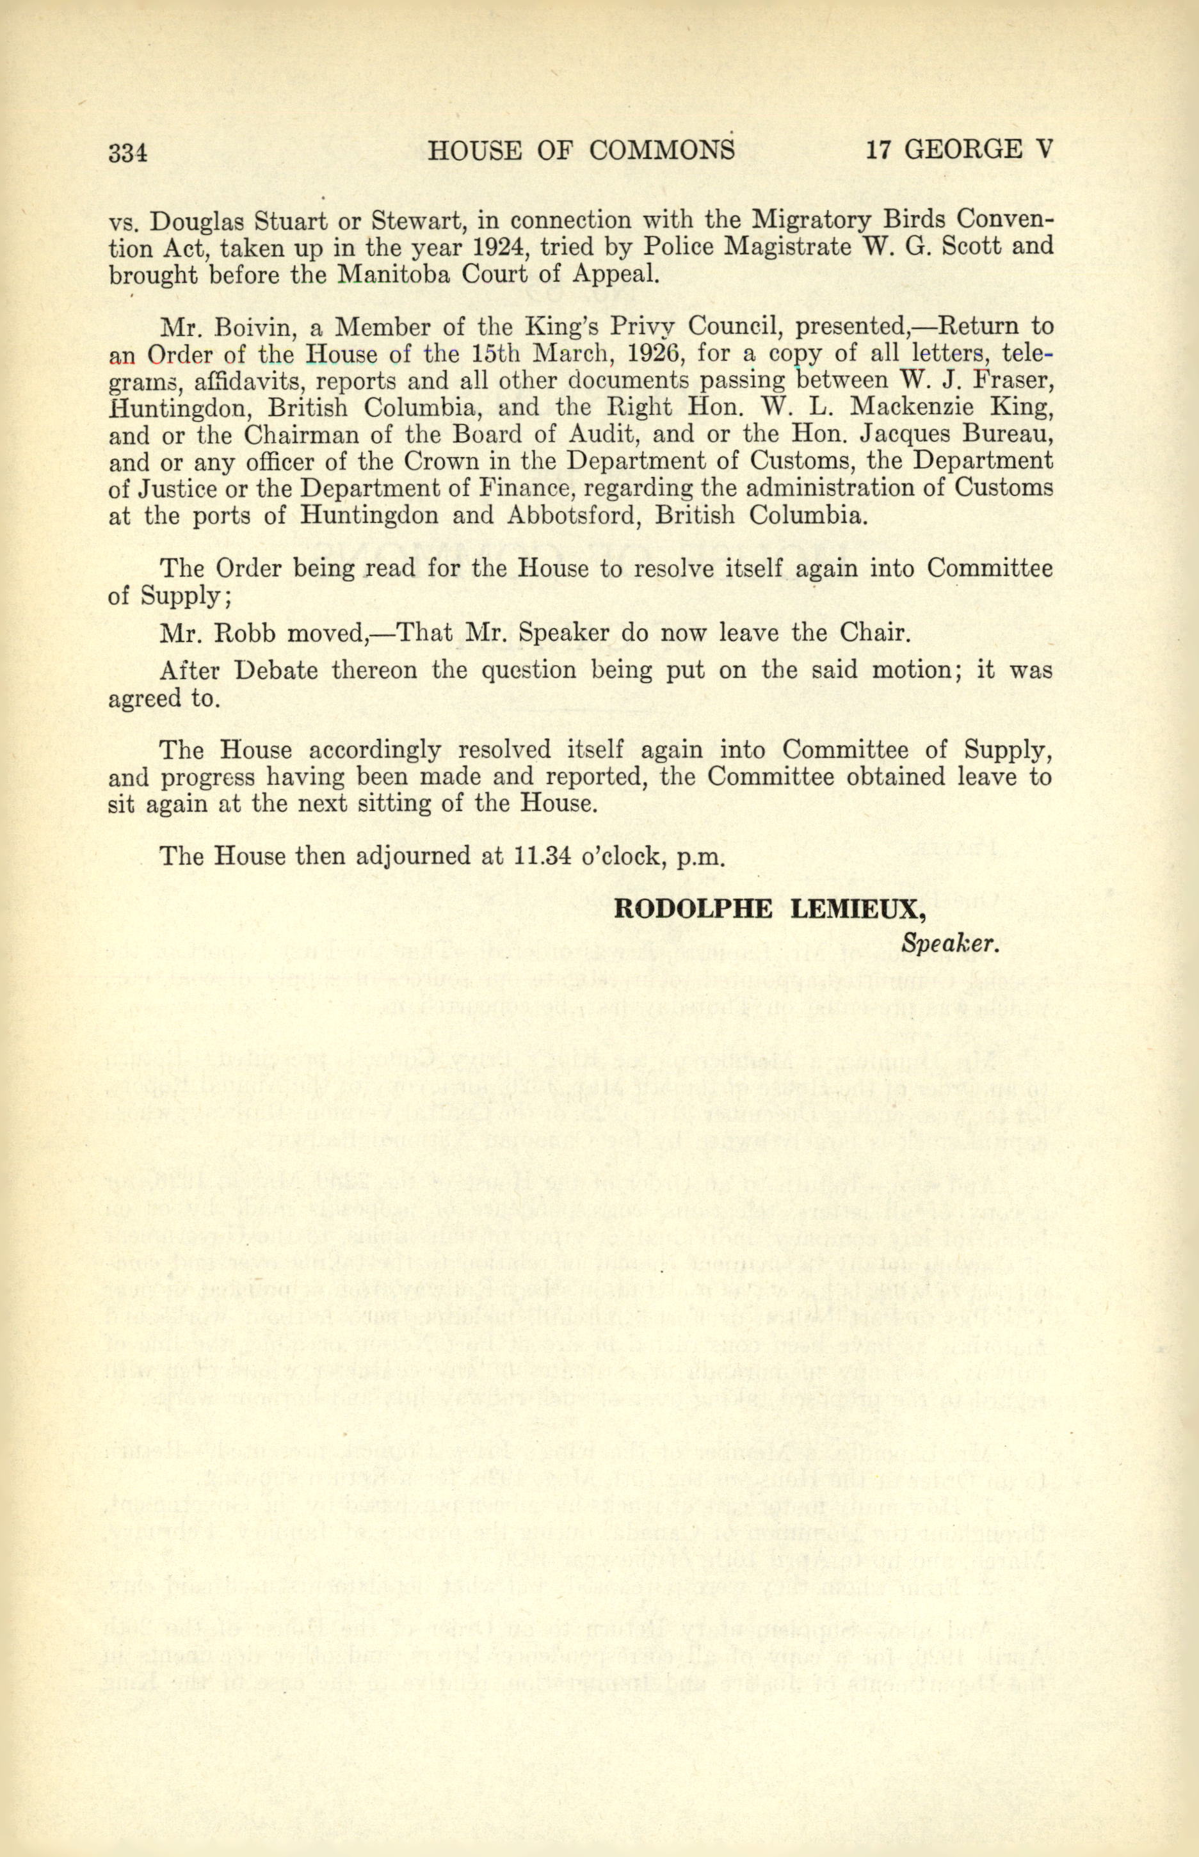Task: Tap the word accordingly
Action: [374, 750]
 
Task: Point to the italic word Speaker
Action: [949, 944]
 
